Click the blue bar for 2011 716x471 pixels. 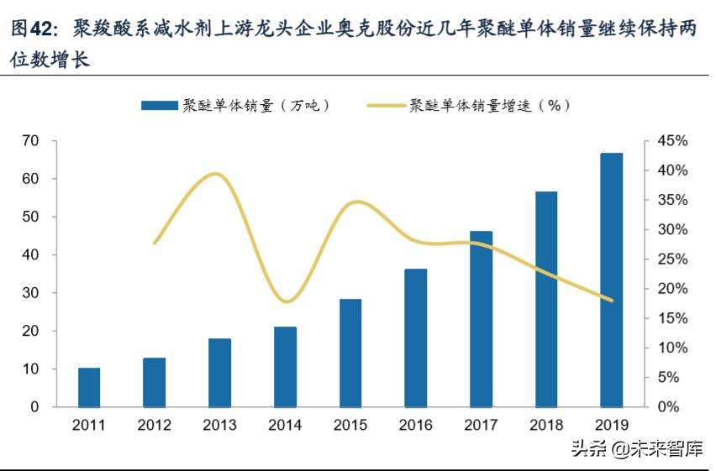tap(89, 387)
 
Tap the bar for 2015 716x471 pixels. tap(350, 353)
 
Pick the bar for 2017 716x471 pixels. tap(481, 319)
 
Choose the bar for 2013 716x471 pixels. tap(219, 373)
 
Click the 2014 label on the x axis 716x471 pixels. tap(285, 426)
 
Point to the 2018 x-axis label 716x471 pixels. tap(546, 426)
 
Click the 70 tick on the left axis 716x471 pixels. tap(31, 141)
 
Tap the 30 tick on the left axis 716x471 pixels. tap(31, 293)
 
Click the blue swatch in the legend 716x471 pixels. tap(159, 106)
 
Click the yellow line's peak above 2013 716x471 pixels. tap(218, 174)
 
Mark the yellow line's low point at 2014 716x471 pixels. tap(287, 301)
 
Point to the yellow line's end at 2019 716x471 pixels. tap(612, 300)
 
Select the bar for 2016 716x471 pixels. tap(415, 338)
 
